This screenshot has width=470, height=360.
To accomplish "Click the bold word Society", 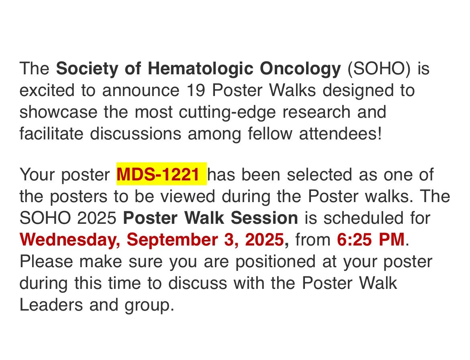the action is click(87, 69).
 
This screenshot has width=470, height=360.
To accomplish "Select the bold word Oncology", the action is click(300, 69).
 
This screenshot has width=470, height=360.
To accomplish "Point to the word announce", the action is click(141, 91).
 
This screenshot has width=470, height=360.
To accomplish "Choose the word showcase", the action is click(59, 112).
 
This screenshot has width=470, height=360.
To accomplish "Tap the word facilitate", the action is click(51, 133).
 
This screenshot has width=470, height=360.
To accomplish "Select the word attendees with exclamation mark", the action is click(341, 133).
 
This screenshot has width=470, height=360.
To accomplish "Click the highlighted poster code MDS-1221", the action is click(158, 174).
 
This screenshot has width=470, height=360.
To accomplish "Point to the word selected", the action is click(319, 174).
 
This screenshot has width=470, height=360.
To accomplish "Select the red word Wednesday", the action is click(70, 240).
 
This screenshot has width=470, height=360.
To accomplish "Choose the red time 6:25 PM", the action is click(371, 240).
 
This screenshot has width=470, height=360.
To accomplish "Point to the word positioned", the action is click(275, 262).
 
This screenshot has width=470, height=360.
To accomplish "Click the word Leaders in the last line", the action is click(51, 305).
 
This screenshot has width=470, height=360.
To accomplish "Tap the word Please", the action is click(46, 262).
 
